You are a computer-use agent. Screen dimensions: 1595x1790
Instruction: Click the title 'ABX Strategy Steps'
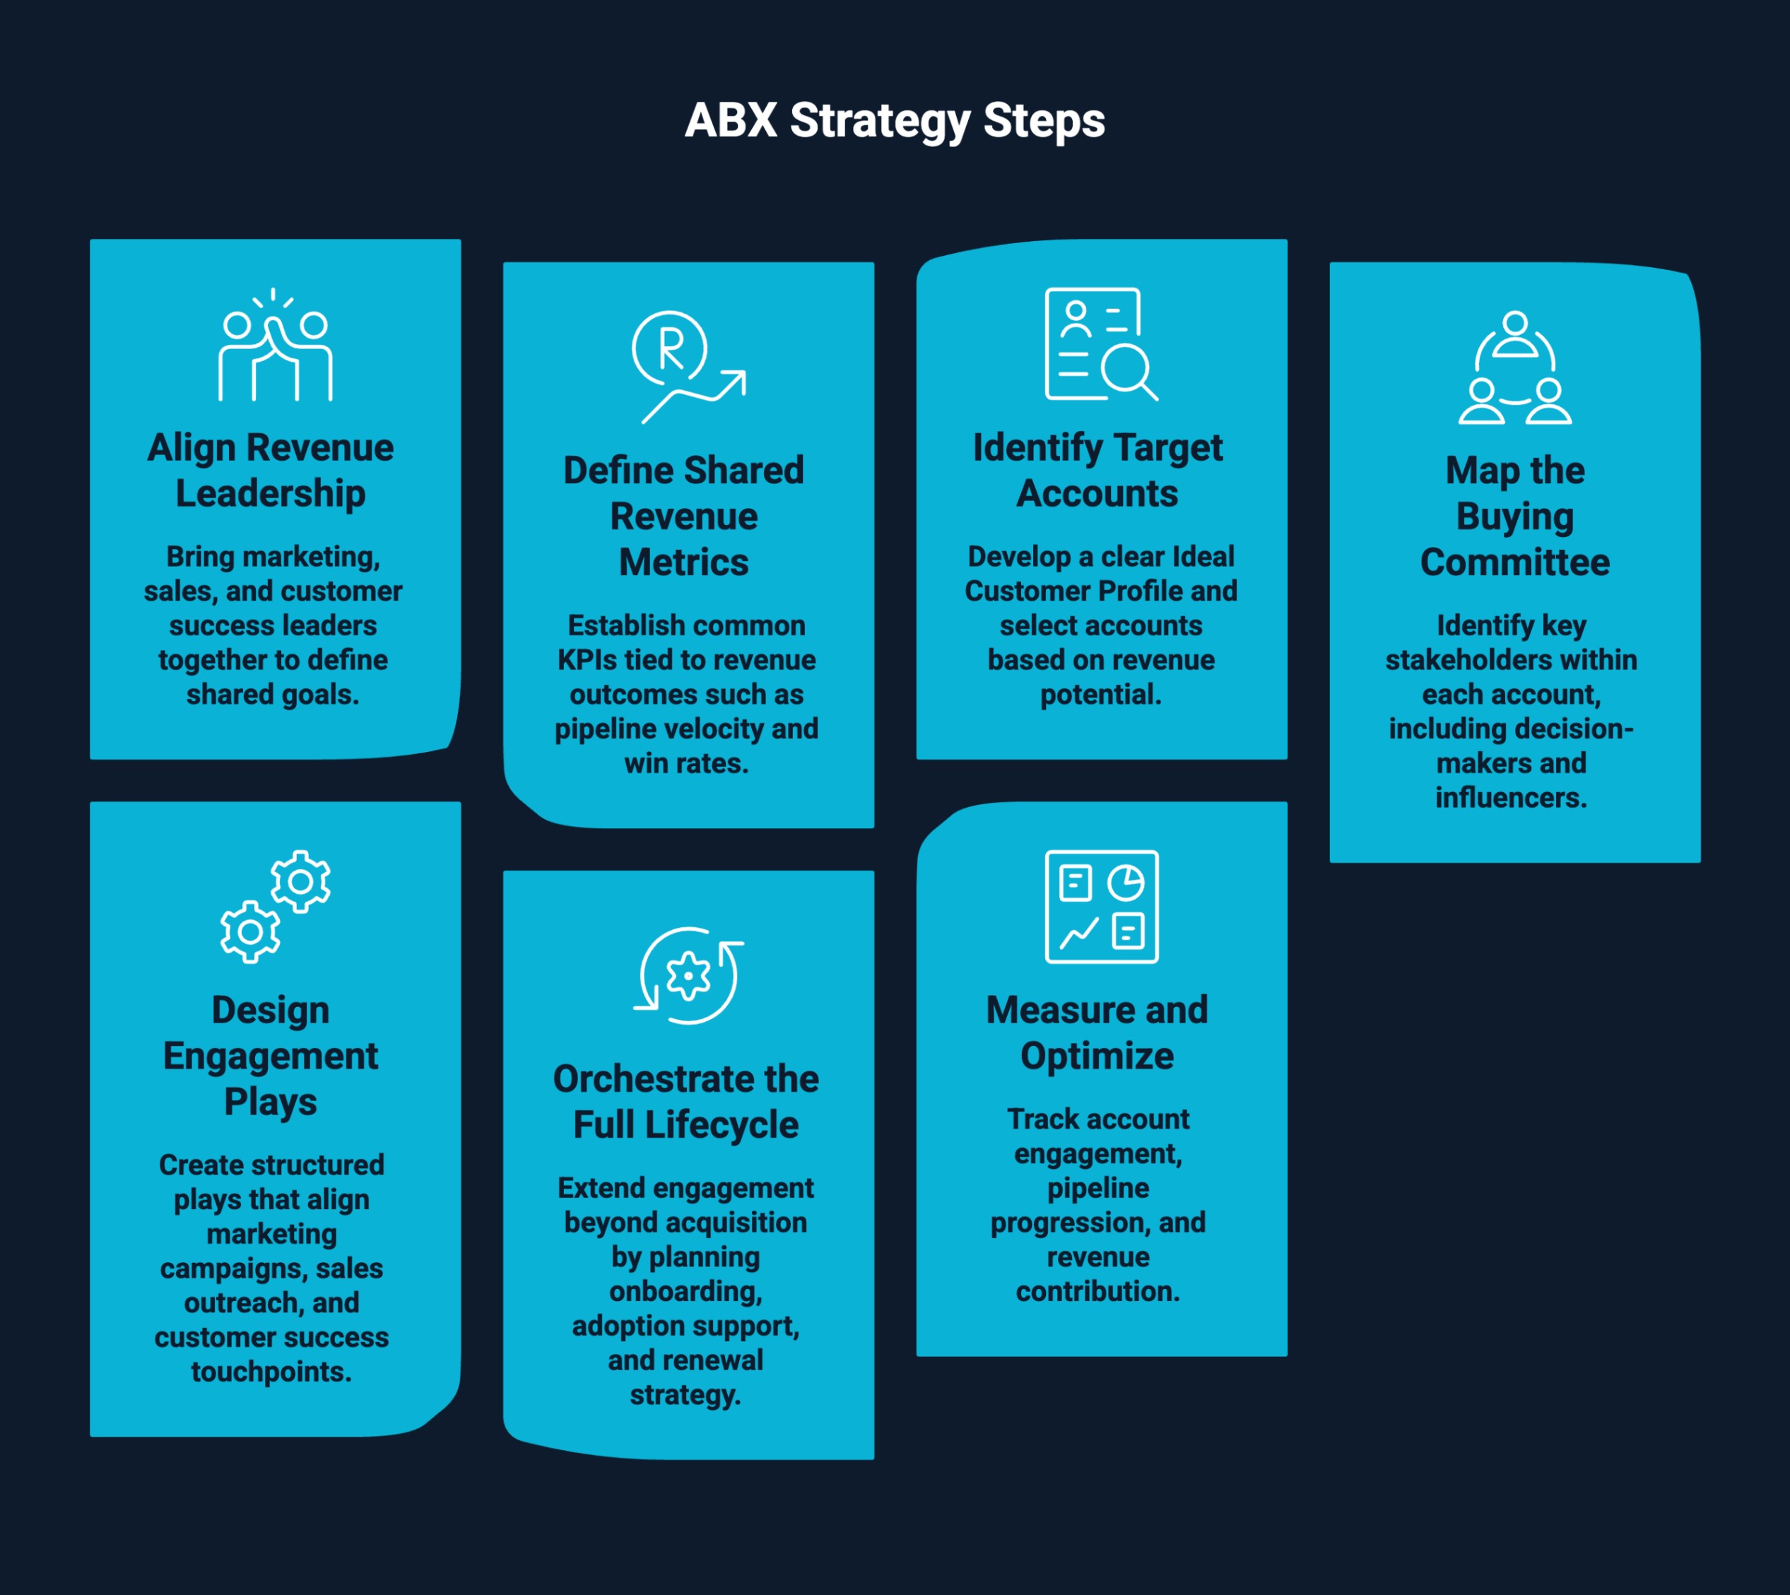pyautogui.click(x=895, y=121)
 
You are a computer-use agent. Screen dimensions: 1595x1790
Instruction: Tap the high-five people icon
pyautogui.click(x=275, y=346)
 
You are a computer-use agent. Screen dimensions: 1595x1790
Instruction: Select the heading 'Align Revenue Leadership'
pyautogui.click(x=271, y=471)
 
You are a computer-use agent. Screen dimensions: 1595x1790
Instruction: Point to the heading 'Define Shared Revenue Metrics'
pyautogui.click(x=684, y=516)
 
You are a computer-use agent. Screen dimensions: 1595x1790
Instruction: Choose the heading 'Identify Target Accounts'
pyautogui.click(x=1098, y=471)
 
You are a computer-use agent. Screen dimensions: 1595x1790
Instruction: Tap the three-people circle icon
pyautogui.click(x=1515, y=368)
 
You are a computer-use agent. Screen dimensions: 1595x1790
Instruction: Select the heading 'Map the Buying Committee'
pyautogui.click(x=1515, y=516)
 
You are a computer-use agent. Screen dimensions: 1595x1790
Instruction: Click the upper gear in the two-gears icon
pyautogui.click(x=300, y=881)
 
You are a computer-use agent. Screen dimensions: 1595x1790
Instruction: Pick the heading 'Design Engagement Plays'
pyautogui.click(x=271, y=1056)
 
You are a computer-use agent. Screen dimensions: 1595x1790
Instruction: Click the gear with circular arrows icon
pyautogui.click(x=689, y=975)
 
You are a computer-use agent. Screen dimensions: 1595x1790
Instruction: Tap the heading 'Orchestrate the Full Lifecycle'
pyautogui.click(x=686, y=1102)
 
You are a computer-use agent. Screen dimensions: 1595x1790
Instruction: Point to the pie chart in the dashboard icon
pyautogui.click(x=1126, y=883)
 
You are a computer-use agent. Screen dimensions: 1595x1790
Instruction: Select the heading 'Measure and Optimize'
pyautogui.click(x=1098, y=1033)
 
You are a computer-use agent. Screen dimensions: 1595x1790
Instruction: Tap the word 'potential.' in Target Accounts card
pyautogui.click(x=1100, y=695)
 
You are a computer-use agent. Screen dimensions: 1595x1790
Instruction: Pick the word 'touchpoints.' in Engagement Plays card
pyautogui.click(x=271, y=1372)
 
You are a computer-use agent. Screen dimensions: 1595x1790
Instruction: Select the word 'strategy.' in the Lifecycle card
pyautogui.click(x=686, y=1395)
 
